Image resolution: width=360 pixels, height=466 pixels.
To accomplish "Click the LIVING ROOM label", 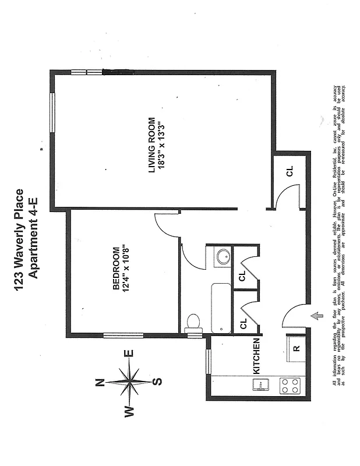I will point(152,145).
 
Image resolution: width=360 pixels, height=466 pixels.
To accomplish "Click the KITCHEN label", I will point(255,356).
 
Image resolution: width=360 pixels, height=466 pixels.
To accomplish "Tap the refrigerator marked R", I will point(297,348).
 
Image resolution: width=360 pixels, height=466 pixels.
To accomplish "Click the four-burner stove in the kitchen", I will point(290,385).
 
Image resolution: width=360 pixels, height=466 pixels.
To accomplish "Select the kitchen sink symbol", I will point(260,384).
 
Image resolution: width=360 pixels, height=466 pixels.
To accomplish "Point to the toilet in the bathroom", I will point(193,323).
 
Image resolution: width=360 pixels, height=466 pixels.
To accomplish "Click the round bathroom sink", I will point(221,256).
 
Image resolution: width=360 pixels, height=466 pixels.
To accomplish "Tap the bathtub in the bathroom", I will point(221,308).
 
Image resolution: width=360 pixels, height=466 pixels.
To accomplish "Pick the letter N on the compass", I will point(100,382).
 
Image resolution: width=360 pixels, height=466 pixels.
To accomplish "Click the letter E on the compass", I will point(129,353).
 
